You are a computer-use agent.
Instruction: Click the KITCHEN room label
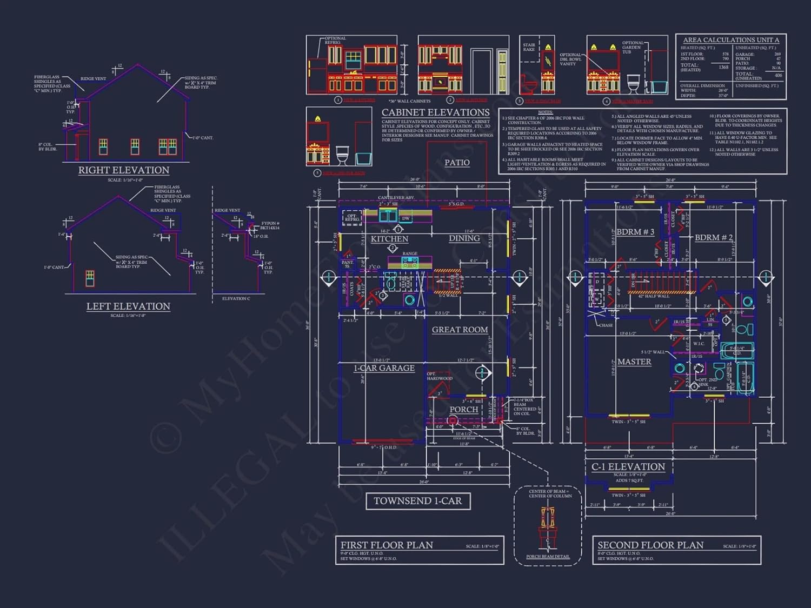[x=389, y=239]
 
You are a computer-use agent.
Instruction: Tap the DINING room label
[x=464, y=238]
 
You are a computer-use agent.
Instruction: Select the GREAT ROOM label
[x=460, y=330]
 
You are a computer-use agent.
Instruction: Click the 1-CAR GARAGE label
[x=384, y=368]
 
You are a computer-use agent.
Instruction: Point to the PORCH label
[x=464, y=410]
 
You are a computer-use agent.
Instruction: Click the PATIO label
[x=457, y=163]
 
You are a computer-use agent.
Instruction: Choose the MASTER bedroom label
[x=634, y=362]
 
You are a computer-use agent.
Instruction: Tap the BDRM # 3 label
[x=635, y=232]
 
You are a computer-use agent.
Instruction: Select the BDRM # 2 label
[x=714, y=238]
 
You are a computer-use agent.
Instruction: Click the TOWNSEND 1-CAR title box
[x=418, y=501]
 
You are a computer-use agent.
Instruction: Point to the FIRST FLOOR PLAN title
[x=387, y=545]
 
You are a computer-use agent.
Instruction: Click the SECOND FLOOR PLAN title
[x=650, y=545]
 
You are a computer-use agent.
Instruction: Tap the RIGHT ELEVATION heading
[x=124, y=170]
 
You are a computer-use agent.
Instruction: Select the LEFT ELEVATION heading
[x=128, y=306]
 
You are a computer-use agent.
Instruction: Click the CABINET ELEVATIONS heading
[x=435, y=112]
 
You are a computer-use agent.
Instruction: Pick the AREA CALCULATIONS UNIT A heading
[x=731, y=40]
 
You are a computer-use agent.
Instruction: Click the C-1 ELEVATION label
[x=628, y=467]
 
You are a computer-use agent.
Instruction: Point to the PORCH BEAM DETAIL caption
[x=548, y=557]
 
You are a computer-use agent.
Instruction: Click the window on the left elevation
[x=90, y=278]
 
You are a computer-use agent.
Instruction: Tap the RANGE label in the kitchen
[x=409, y=253]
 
